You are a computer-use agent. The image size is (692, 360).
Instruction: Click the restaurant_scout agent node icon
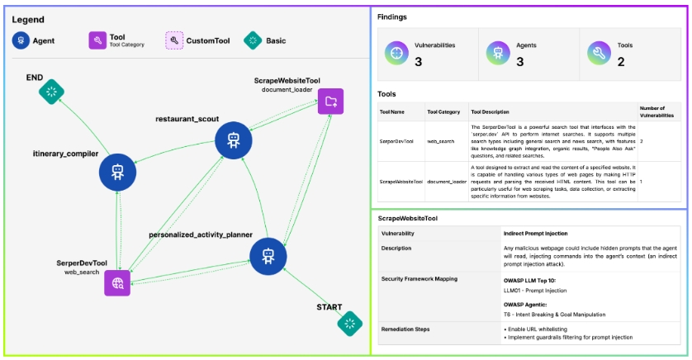(233, 140)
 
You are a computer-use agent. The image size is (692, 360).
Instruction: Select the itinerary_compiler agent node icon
(116, 172)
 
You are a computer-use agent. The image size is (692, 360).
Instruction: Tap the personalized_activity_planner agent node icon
(267, 254)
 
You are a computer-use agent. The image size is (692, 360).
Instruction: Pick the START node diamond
(351, 323)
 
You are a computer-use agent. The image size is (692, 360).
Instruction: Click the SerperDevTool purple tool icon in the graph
(117, 283)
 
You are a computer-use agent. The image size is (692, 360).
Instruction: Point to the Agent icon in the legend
(21, 40)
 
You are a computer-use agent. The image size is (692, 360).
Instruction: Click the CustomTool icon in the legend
(173, 40)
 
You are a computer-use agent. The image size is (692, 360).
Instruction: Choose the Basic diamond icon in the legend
(253, 40)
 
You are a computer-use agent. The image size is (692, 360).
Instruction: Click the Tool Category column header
(443, 111)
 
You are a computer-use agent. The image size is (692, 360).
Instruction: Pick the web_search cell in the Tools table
(441, 141)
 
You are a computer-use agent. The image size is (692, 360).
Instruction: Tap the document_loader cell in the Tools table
(446, 181)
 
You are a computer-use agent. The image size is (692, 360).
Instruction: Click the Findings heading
(391, 17)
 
